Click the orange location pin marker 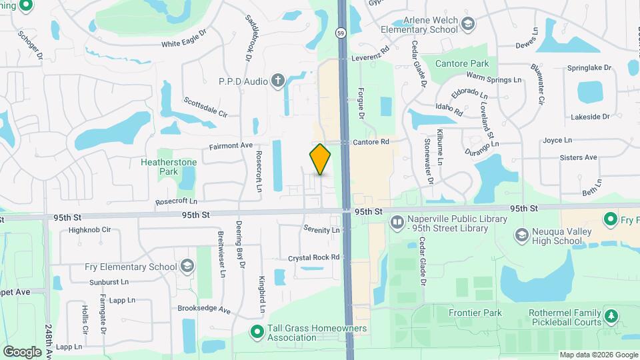click(x=321, y=159)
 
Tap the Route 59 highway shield click(x=340, y=31)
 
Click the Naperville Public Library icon click(x=397, y=221)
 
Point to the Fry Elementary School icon click(x=187, y=267)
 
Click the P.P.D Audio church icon click(x=278, y=81)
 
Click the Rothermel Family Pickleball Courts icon click(x=611, y=314)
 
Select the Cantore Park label click(x=462, y=63)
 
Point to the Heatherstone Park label click(x=159, y=167)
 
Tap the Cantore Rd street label click(x=371, y=142)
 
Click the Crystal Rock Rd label click(x=314, y=257)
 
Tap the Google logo click(x=22, y=351)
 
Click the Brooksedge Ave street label click(x=203, y=309)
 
